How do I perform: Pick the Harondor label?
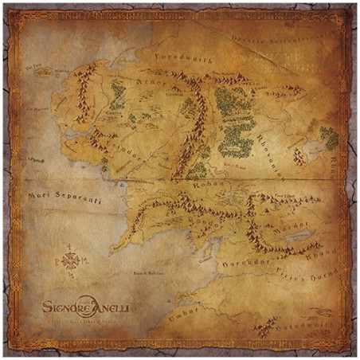pos(259,259)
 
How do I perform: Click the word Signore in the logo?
pos(65,303)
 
